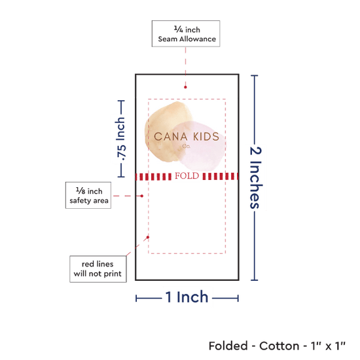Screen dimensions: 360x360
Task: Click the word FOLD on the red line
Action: tap(187, 176)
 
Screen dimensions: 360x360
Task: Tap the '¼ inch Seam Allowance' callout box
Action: tap(186, 34)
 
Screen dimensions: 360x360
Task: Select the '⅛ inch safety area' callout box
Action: tap(88, 196)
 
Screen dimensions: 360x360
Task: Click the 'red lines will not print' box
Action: tap(98, 269)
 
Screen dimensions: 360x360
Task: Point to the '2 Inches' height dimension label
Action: tap(256, 177)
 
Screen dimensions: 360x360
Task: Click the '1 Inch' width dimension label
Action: tap(187, 297)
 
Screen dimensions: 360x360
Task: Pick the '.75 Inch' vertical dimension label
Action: tap(121, 139)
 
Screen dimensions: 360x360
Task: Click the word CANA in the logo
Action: tap(171, 137)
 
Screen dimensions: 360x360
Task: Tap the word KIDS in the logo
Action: tap(206, 137)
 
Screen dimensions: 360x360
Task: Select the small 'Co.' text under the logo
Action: tap(186, 146)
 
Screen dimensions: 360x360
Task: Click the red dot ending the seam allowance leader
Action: tap(185, 87)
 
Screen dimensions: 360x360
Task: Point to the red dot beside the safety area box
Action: tap(142, 196)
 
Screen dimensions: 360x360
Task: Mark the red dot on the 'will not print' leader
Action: tap(148, 237)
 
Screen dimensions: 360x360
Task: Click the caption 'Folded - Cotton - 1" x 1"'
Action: tap(277, 346)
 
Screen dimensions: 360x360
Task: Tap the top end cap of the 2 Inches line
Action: tap(255, 75)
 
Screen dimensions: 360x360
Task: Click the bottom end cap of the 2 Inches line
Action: tap(255, 280)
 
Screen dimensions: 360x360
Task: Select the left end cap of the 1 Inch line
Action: tap(136, 298)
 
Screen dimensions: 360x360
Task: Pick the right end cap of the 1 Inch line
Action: tap(238, 298)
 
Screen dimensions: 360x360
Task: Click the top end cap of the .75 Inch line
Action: tap(121, 101)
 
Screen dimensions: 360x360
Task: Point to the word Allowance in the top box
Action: tap(198, 39)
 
